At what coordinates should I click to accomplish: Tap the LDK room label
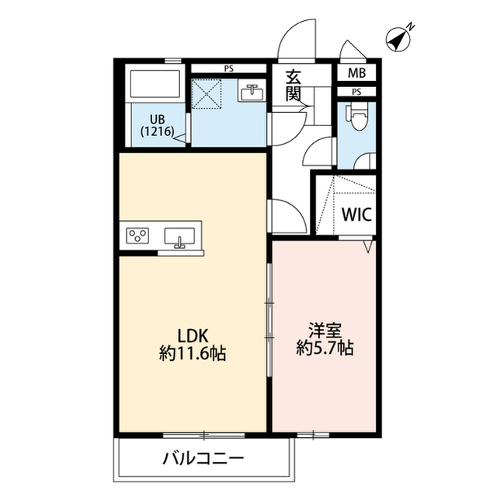(x=191, y=336)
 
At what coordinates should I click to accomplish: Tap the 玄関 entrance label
(x=294, y=85)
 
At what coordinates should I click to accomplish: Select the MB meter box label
(x=356, y=74)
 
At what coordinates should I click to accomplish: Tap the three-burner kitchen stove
(x=140, y=236)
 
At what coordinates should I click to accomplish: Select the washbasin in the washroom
(x=252, y=93)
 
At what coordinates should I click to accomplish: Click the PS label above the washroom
(x=228, y=69)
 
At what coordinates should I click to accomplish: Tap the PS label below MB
(x=356, y=92)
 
